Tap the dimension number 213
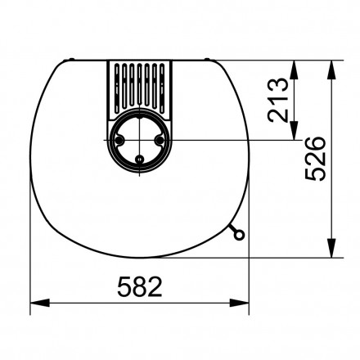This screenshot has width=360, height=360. (x=278, y=100)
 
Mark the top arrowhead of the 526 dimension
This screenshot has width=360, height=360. (x=331, y=63)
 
